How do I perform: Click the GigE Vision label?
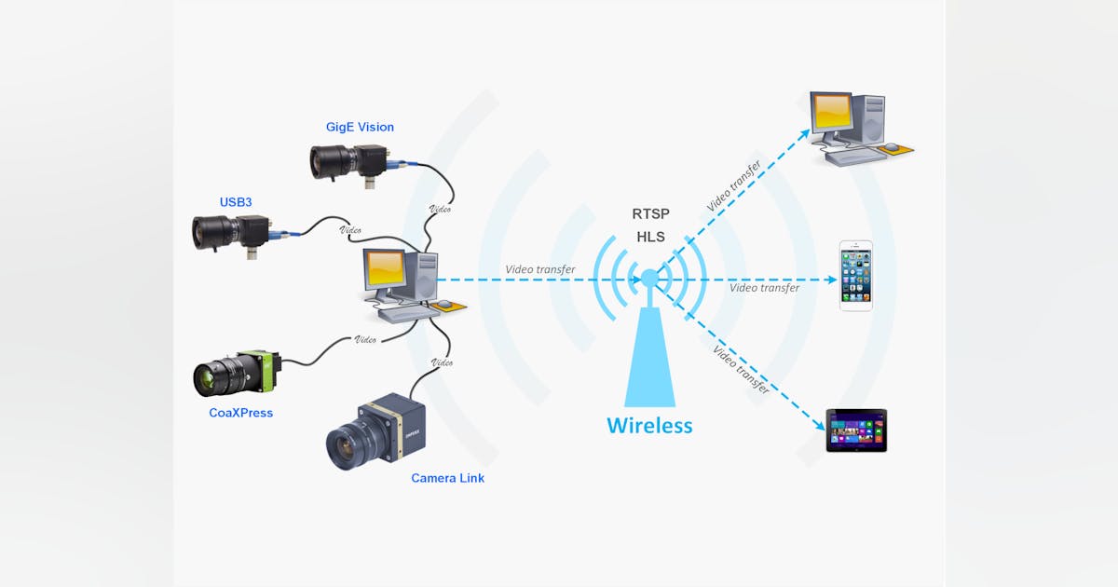coord(360,127)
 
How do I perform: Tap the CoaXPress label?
coord(240,412)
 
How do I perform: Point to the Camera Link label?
coord(447,478)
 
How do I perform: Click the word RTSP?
coord(650,213)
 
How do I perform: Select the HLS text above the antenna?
coord(650,238)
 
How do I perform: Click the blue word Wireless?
coord(649,426)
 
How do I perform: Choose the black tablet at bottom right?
coord(856,430)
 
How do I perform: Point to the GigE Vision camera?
coord(345,162)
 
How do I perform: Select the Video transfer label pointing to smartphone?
coord(764,288)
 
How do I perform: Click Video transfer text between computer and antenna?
coord(539,269)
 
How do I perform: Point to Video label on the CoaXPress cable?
coord(366,339)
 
